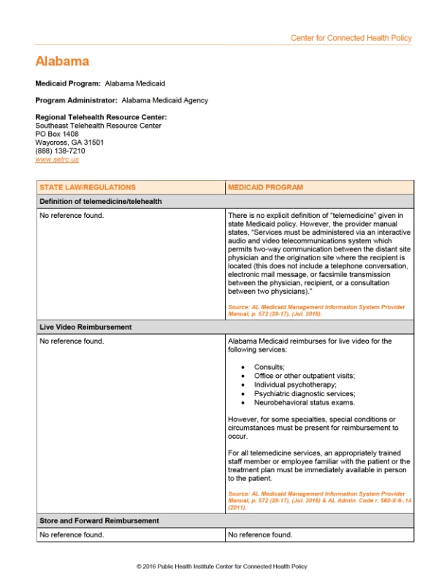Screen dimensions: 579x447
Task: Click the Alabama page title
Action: pyautogui.click(x=62, y=61)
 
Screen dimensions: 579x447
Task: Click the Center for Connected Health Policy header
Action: pyautogui.click(x=351, y=38)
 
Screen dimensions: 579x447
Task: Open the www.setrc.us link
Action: pyautogui.click(x=57, y=159)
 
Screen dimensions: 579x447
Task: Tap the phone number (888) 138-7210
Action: pyautogui.click(x=60, y=151)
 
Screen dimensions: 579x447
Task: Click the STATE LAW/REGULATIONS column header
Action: pyautogui.click(x=88, y=187)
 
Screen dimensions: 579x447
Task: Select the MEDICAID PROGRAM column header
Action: pyautogui.click(x=265, y=187)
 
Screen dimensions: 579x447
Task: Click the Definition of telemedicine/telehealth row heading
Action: pyautogui.click(x=101, y=201)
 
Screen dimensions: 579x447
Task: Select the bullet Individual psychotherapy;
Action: pyautogui.click(x=295, y=385)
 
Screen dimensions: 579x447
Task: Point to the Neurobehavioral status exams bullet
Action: pyautogui.click(x=305, y=403)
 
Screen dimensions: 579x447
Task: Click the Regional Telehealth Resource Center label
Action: pyautogui.click(x=101, y=117)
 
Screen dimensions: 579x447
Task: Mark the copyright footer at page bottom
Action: pyautogui.click(x=222, y=567)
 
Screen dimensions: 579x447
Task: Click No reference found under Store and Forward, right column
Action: pyautogui.click(x=260, y=534)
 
